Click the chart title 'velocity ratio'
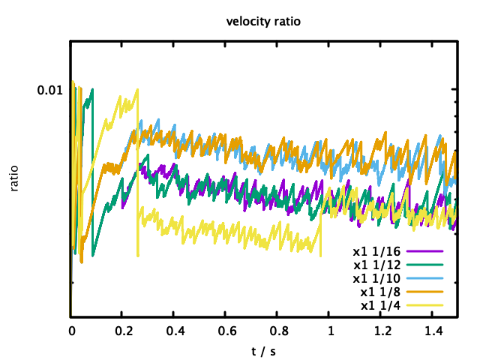[x=263, y=21]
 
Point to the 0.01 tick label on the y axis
[x=50, y=90]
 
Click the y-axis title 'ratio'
[x=15, y=178]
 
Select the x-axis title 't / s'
[x=263, y=351]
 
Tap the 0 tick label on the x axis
[x=71, y=331]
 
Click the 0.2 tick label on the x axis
[x=123, y=331]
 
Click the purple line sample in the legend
[x=425, y=251]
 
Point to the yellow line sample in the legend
[x=425, y=305]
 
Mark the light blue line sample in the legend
[x=425, y=278]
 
